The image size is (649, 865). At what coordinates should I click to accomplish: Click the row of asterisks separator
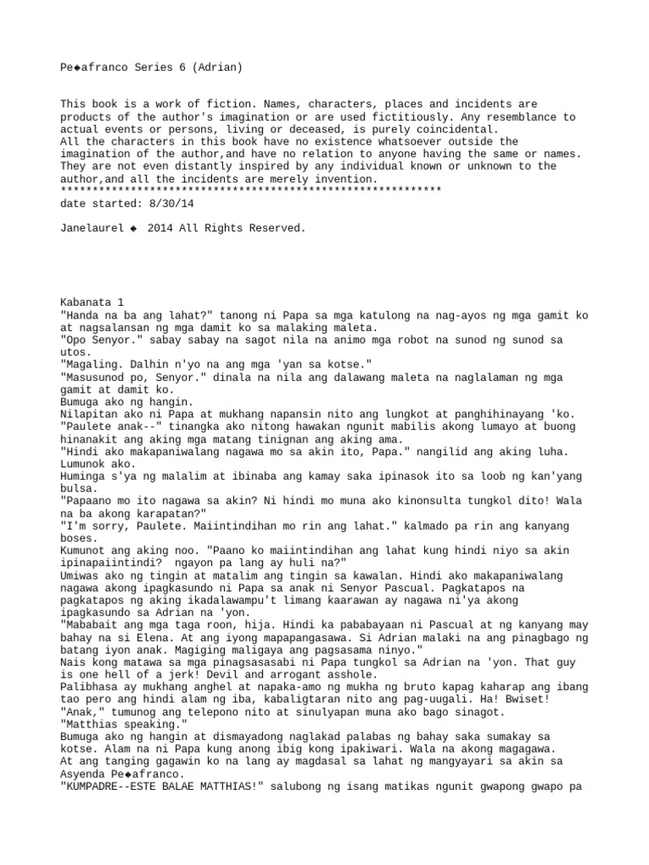pyautogui.click(x=251, y=191)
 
